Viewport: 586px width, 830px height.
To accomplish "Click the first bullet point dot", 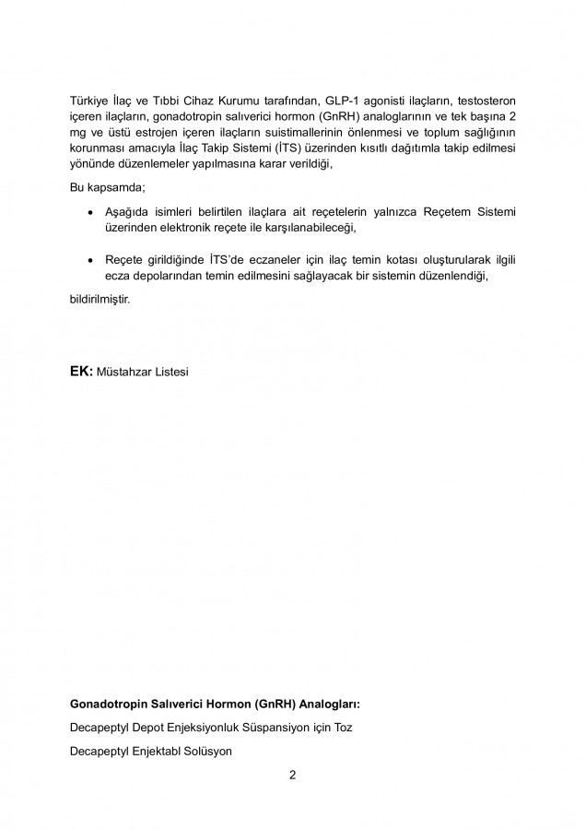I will click(88, 212).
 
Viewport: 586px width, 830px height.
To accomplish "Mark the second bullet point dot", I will click(88, 261).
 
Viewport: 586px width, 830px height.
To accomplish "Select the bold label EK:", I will click(81, 373).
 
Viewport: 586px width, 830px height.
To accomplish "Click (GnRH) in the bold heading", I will click(263, 704).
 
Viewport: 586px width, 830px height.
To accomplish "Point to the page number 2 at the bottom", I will click(292, 775).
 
